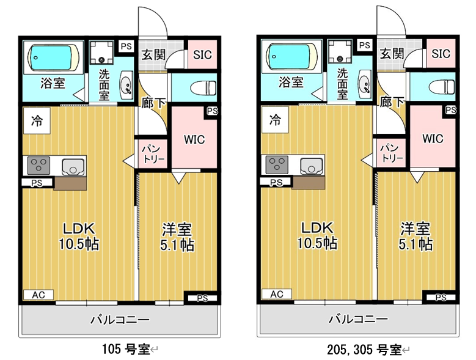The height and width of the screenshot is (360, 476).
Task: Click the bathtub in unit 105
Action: tap(53, 57)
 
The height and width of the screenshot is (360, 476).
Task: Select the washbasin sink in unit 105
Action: tap(126, 85)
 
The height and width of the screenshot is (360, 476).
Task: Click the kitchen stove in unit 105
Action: tap(38, 166)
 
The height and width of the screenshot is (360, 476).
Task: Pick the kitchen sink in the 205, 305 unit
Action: tap(312, 166)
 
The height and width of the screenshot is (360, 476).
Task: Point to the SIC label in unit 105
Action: tap(202, 55)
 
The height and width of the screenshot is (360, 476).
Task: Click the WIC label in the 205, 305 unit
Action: tap(433, 139)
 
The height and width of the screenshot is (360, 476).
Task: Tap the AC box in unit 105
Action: tap(38, 295)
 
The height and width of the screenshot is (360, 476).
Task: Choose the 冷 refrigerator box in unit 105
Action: tap(37, 121)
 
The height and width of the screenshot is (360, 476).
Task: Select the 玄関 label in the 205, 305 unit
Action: tap(392, 54)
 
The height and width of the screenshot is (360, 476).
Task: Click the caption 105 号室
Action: tap(126, 350)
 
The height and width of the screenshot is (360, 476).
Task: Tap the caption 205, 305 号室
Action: tap(364, 350)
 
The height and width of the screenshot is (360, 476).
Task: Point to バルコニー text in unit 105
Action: tap(120, 320)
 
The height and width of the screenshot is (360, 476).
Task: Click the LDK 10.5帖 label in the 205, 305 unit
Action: tap(317, 235)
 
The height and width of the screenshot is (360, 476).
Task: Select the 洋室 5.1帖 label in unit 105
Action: tap(177, 237)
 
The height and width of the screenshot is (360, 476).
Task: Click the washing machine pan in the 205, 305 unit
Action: tap(340, 51)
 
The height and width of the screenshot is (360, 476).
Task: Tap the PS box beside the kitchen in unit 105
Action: tap(37, 183)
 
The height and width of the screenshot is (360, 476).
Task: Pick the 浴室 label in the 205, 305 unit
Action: tap(291, 82)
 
